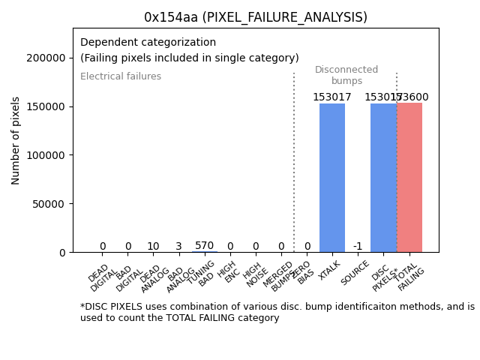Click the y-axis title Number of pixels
[x=16, y=140]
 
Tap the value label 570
[x=204, y=245]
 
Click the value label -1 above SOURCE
[x=358, y=246]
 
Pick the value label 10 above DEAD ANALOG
[x=153, y=246]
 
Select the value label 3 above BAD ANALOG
[x=178, y=246]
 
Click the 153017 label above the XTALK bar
[x=332, y=97]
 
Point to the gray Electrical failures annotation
[x=121, y=76]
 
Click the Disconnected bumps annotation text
[x=346, y=75]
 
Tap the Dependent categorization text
[x=148, y=43]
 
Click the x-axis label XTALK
[x=329, y=271]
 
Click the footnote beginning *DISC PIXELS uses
[x=277, y=312]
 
